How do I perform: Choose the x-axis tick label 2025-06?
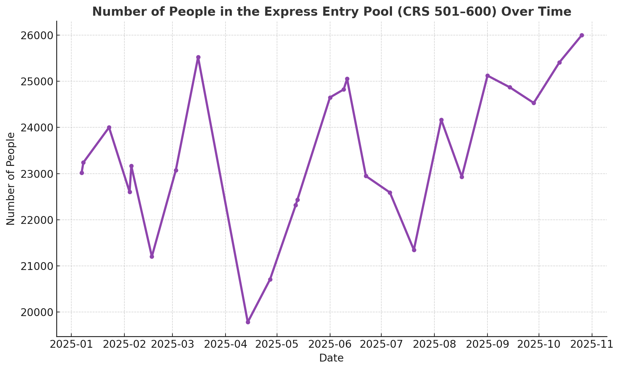[330, 344]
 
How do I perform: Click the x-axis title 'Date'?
[331, 358]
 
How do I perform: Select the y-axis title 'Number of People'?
[11, 179]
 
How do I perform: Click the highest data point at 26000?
[582, 35]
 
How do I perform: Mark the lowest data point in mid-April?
[248, 322]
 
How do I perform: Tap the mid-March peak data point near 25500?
[198, 57]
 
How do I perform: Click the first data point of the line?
[82, 173]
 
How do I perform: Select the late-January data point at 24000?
[109, 127]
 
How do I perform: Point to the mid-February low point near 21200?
[152, 256]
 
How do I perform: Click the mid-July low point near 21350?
[414, 250]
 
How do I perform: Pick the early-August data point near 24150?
[441, 120]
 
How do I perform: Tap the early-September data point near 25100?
[487, 76]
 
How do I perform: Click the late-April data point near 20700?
[270, 279]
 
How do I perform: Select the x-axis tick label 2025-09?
[487, 344]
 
